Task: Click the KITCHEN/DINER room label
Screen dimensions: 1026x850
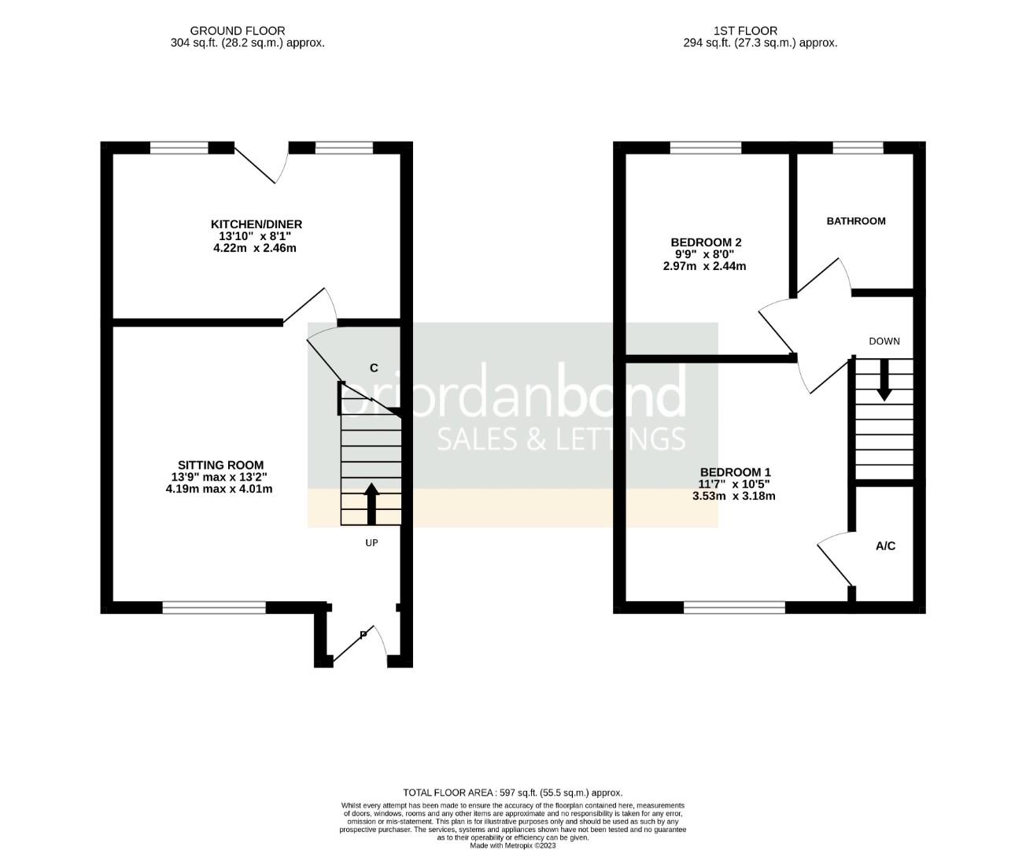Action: (x=256, y=224)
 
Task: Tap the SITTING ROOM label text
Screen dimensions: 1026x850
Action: (x=220, y=465)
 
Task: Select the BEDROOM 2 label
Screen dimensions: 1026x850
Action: (x=706, y=242)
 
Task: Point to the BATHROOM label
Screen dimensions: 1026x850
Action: (x=855, y=221)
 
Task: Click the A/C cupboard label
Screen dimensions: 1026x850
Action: (x=885, y=546)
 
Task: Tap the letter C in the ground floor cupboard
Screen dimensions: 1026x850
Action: (x=374, y=368)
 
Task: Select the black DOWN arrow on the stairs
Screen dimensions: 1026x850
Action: (x=884, y=379)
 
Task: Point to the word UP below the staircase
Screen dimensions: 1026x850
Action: (x=371, y=543)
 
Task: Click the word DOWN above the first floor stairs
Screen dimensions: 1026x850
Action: (x=884, y=342)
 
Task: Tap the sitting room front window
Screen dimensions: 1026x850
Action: (x=214, y=607)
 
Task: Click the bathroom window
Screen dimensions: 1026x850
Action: (x=858, y=147)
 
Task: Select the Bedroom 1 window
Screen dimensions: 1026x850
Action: (x=734, y=607)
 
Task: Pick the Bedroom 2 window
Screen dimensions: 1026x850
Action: (x=705, y=147)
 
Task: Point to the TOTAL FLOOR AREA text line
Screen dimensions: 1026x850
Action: (x=512, y=793)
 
